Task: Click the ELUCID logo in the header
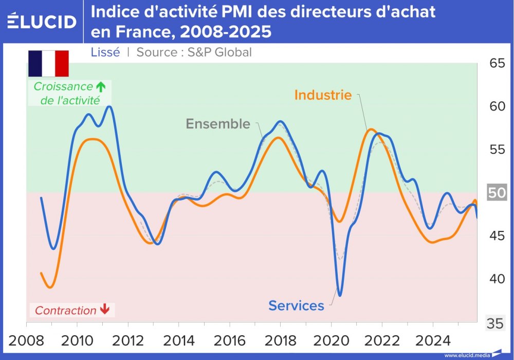(x=42, y=22)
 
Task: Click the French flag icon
(x=48, y=63)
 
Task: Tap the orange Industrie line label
(x=323, y=95)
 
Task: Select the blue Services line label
(x=296, y=305)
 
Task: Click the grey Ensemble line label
(x=218, y=124)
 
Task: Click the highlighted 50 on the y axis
(x=498, y=193)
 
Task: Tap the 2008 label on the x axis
(x=26, y=340)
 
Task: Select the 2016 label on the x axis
(x=229, y=340)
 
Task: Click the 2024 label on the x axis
(x=432, y=340)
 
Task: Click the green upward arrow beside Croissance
(x=101, y=86)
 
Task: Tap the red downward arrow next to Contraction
(x=104, y=309)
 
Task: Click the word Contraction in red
(x=65, y=311)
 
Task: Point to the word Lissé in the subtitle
(x=105, y=52)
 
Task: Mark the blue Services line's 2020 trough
(x=340, y=295)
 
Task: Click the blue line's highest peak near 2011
(x=109, y=106)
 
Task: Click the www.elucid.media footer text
(x=467, y=355)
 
